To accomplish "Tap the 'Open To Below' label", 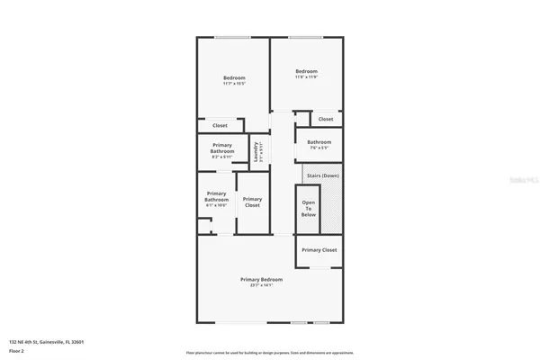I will click(309, 208).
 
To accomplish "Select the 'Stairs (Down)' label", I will click(322, 175).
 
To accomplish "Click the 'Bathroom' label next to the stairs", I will click(319, 142).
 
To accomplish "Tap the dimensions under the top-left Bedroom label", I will click(234, 84).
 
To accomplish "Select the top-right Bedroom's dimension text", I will click(307, 77).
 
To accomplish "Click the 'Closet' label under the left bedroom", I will click(220, 125).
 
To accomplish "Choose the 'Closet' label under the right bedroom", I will click(325, 119).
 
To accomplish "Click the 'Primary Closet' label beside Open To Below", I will click(252, 202).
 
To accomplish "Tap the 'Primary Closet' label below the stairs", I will click(319, 249).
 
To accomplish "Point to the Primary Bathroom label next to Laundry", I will click(222, 148).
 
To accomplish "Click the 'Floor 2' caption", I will click(17, 351).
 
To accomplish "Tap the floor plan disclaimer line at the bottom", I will click(269, 352).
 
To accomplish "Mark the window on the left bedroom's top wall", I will click(231, 37).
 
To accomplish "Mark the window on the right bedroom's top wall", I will click(307, 37).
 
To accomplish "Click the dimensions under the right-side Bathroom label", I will click(319, 148).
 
